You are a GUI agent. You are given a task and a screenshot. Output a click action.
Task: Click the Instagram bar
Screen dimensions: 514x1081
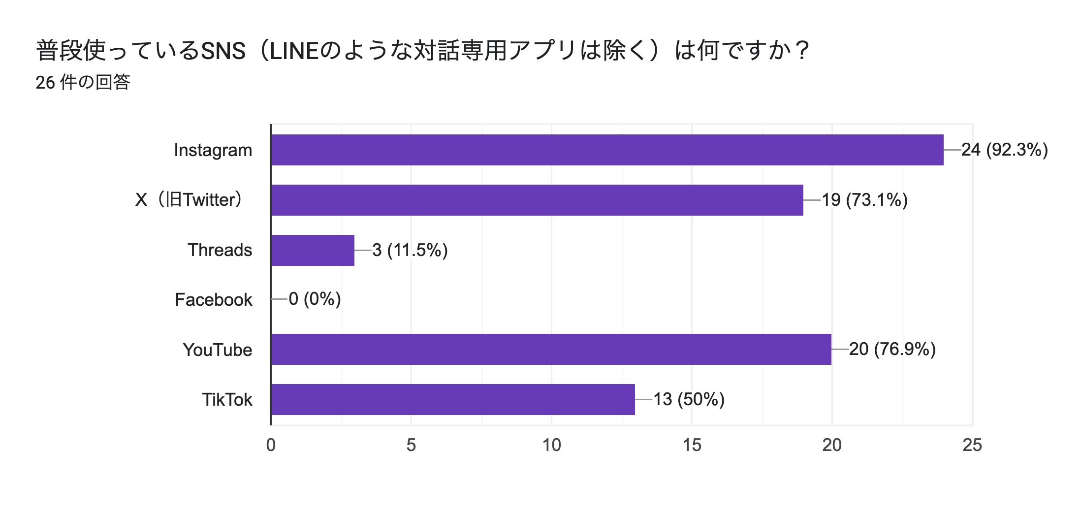coord(607,150)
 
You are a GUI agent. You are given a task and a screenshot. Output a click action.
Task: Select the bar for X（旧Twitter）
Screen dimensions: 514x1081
coord(537,200)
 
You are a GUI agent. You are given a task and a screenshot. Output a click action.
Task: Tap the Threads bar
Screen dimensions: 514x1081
coord(313,250)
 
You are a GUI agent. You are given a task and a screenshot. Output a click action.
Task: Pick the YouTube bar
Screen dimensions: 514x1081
coord(551,349)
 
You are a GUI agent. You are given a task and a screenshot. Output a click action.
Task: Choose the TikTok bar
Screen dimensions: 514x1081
coord(453,399)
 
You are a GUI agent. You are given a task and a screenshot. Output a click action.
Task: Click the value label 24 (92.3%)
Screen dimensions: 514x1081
coord(1004,150)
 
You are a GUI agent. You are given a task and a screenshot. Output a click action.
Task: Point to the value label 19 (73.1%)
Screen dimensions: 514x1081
coord(864,200)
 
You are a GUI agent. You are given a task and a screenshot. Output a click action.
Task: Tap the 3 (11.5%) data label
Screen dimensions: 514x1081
coord(410,250)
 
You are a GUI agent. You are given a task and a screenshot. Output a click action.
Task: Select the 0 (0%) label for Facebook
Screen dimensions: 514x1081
coord(315,299)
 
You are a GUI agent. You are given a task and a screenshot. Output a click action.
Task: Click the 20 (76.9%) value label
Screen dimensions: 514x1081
coord(892,349)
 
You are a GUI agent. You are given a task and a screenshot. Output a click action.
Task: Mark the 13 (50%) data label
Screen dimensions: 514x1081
coord(689,399)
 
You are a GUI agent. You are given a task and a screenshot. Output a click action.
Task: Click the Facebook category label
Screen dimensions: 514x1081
coord(214,300)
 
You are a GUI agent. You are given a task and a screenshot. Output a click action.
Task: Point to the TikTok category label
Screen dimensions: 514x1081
coord(227,399)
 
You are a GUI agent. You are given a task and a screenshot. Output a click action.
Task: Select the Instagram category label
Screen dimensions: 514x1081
coord(213,150)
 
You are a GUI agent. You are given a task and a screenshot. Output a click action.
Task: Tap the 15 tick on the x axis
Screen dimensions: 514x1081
coord(692,445)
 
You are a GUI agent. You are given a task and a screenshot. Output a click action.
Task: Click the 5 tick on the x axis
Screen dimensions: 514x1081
coord(411,445)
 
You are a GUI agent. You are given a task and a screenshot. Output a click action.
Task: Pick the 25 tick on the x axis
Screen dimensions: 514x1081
coord(972,445)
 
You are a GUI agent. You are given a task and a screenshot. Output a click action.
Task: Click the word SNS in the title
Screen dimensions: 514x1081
coord(223,51)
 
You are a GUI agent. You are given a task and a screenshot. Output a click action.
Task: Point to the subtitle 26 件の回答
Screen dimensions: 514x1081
coord(83,82)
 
